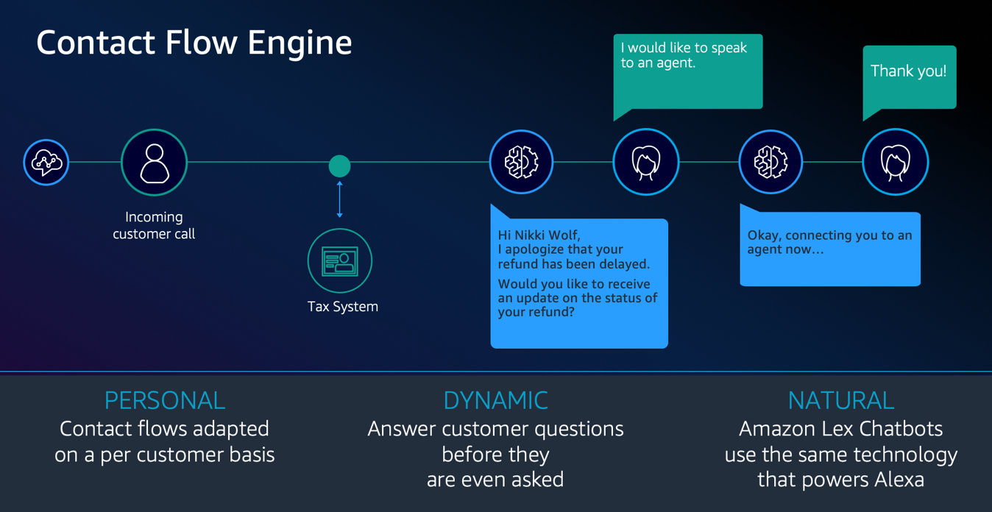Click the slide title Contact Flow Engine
pyautogui.click(x=194, y=43)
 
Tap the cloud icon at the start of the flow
pyautogui.click(x=46, y=163)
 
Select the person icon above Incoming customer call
pyautogui.click(x=155, y=163)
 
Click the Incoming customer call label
pyautogui.click(x=154, y=225)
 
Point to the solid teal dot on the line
pyautogui.click(x=339, y=166)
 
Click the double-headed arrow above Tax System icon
pyautogui.click(x=339, y=199)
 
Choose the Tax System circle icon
pyautogui.click(x=340, y=261)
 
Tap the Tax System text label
pyautogui.click(x=343, y=307)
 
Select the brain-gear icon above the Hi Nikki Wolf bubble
pyautogui.click(x=521, y=163)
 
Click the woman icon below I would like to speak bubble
pyautogui.click(x=645, y=163)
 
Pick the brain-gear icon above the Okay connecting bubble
pyautogui.click(x=770, y=163)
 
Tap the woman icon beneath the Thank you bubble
pyautogui.click(x=895, y=163)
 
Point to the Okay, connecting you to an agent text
pyautogui.click(x=829, y=242)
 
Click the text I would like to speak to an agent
pyautogui.click(x=684, y=55)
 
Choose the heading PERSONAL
pyautogui.click(x=165, y=400)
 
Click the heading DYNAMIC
pyautogui.click(x=495, y=400)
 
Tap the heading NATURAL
pyautogui.click(x=841, y=400)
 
